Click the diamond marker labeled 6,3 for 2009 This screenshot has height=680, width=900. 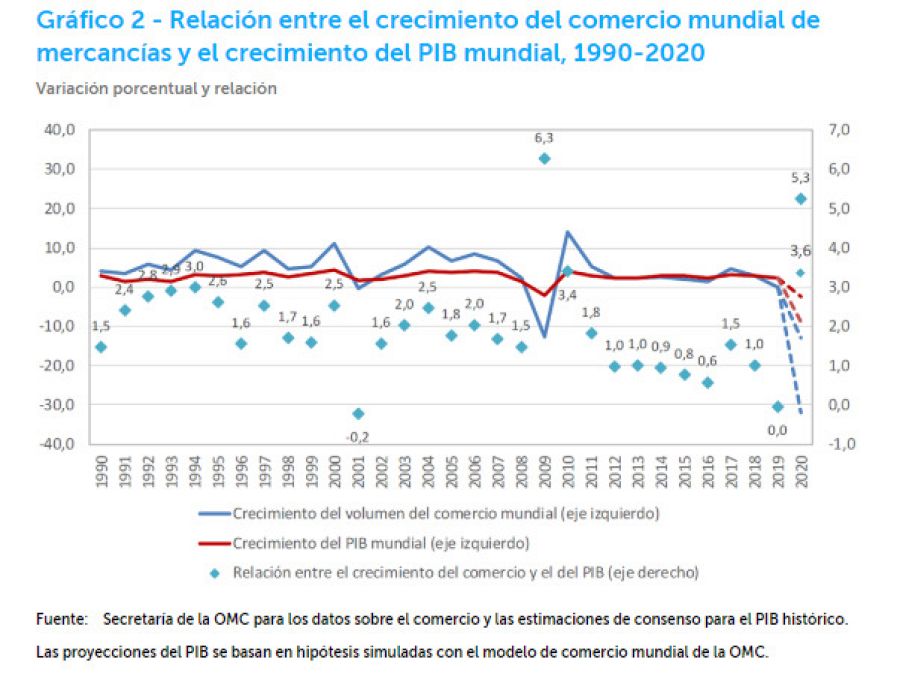click(544, 158)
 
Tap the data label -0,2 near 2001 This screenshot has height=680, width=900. click(357, 436)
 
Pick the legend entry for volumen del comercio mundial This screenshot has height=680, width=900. click(445, 515)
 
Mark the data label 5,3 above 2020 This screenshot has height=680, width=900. click(800, 177)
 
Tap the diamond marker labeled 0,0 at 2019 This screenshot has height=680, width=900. click(777, 406)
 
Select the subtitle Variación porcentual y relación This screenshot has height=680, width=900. click(156, 88)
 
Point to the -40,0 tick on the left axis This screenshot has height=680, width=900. click(59, 444)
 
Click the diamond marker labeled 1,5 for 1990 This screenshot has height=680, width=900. click(101, 347)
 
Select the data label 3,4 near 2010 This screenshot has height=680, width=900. click(567, 294)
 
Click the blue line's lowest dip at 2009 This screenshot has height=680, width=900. click(544, 337)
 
